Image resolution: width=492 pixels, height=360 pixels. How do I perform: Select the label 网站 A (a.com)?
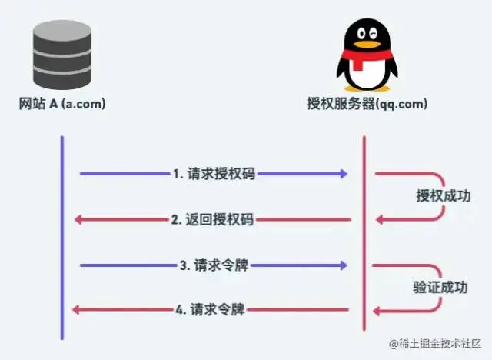61,104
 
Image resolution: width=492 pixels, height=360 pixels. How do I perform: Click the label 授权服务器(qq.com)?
367,104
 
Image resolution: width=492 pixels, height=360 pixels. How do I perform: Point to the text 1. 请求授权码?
214,174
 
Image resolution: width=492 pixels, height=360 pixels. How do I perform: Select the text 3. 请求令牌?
214,265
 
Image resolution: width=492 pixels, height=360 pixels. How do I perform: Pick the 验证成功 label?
439,288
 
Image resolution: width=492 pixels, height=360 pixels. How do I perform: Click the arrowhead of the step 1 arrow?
343,174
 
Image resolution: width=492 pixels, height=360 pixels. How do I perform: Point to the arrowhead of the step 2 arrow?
79,220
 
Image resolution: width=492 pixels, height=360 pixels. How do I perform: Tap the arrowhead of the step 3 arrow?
343,265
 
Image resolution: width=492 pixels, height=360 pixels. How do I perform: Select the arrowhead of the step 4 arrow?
76,310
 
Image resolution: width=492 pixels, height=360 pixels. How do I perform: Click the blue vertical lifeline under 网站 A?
61,238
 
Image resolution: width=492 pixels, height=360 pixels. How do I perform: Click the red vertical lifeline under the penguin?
364,238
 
